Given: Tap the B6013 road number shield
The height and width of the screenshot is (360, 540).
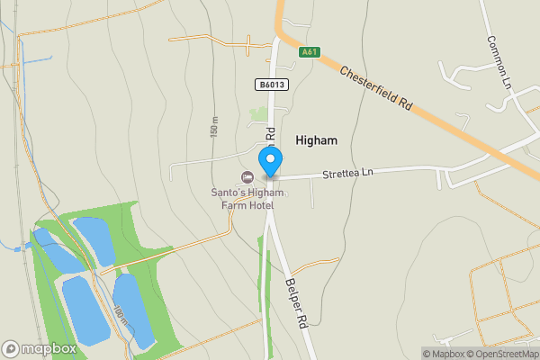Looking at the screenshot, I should [x=271, y=85].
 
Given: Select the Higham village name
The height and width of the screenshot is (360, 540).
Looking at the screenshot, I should [x=317, y=140].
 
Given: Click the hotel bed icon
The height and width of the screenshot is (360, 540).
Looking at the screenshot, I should [x=246, y=176].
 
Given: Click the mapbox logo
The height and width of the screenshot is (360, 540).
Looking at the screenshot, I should [x=40, y=348].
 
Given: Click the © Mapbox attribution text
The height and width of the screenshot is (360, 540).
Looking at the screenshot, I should [x=443, y=354].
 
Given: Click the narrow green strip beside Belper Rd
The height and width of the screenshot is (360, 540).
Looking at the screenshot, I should [x=264, y=270].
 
